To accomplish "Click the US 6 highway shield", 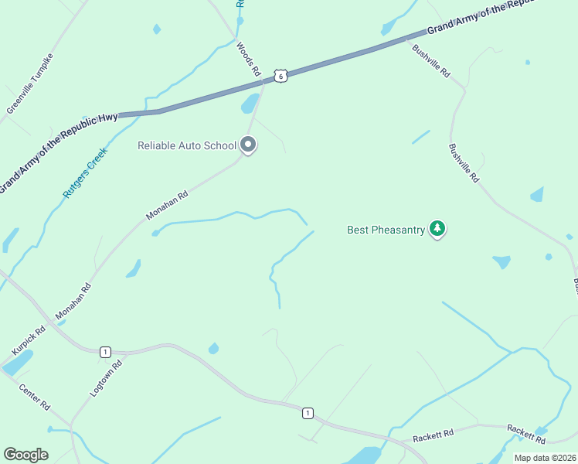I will pyautogui.click(x=280, y=76).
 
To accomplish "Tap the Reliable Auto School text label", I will pyautogui.click(x=186, y=145).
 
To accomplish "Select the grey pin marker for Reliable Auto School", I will pyautogui.click(x=248, y=145).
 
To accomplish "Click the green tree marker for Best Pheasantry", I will pyautogui.click(x=438, y=229).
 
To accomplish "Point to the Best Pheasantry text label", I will pyautogui.click(x=386, y=230).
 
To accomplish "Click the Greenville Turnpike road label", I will pyautogui.click(x=30, y=84).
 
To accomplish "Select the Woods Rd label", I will pyautogui.click(x=249, y=59).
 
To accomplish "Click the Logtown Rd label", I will pyautogui.click(x=107, y=378).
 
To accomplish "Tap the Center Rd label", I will pyautogui.click(x=35, y=397).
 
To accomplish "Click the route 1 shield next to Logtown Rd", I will pyautogui.click(x=104, y=352).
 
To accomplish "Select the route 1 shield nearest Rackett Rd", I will pyautogui.click(x=308, y=414).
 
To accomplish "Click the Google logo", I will pyautogui.click(x=25, y=454).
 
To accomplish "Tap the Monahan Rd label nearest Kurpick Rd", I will pyautogui.click(x=73, y=302).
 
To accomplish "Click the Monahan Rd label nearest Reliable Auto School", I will pyautogui.click(x=168, y=209).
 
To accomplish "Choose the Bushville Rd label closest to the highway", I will pyautogui.click(x=430, y=61).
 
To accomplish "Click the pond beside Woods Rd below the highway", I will pyautogui.click(x=250, y=104).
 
